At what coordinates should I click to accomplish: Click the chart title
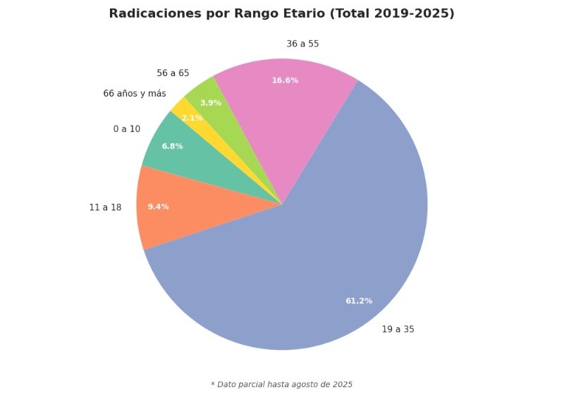pos(281,13)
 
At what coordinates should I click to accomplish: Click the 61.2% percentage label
pos(359,301)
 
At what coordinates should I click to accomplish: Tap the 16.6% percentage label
pos(285,80)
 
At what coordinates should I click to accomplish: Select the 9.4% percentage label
pos(158,207)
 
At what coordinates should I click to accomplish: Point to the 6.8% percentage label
pos(172,146)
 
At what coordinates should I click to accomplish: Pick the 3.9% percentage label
pos(210,103)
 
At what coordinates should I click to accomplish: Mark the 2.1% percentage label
pos(192,118)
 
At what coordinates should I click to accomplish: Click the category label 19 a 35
pos(398,329)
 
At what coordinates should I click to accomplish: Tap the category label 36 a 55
pos(302,44)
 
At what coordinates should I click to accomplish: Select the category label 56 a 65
pos(173,73)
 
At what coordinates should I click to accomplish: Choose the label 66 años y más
pos(135,93)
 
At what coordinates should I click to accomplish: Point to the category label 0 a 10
pos(127,129)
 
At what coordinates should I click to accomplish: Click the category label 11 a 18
pos(105,207)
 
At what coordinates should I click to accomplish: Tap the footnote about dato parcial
pos(281,384)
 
